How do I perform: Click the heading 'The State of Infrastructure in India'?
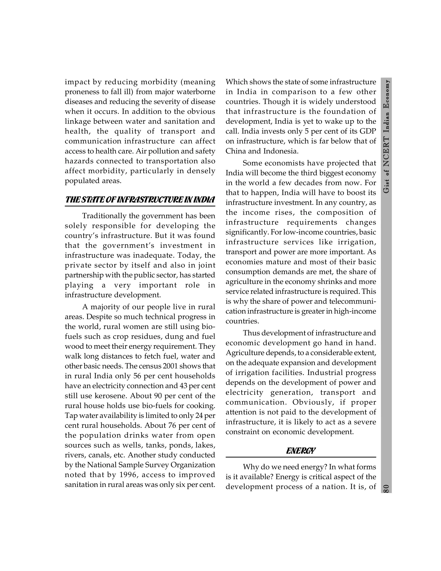pyautogui.click(x=140, y=200)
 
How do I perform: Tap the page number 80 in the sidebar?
pyautogui.click(x=386, y=488)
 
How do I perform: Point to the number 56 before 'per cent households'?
pyautogui.click(x=137, y=376)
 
